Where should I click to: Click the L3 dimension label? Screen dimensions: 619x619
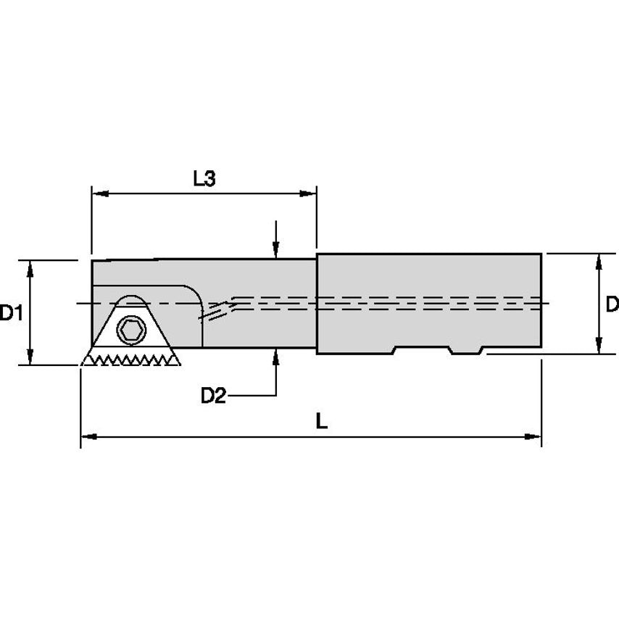click(x=205, y=178)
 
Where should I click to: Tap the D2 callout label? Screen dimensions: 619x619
click(x=213, y=396)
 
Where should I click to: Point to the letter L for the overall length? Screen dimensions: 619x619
click(x=322, y=422)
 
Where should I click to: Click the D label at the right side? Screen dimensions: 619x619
click(x=611, y=304)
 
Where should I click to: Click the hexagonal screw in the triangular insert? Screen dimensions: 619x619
click(x=131, y=331)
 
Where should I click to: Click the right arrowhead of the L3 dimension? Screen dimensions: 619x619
click(x=309, y=194)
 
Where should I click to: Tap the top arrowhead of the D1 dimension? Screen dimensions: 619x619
click(x=30, y=267)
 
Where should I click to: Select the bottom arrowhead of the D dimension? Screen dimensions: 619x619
click(x=599, y=347)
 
